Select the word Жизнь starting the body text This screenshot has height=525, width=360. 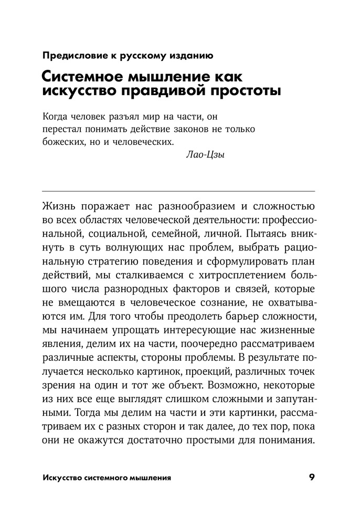click(x=59, y=204)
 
